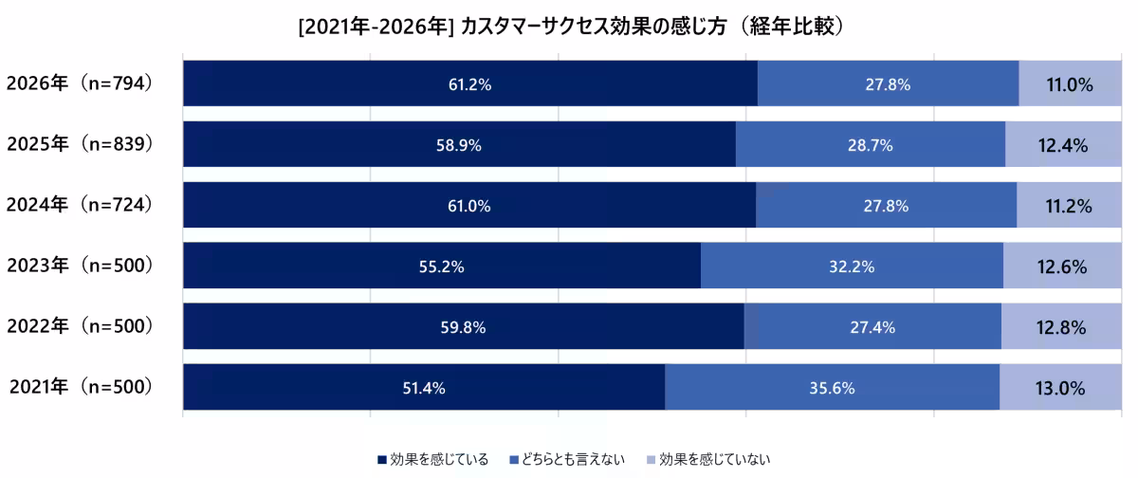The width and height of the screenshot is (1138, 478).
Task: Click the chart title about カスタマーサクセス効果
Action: coord(570,28)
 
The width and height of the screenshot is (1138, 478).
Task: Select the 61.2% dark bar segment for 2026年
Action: coord(469,84)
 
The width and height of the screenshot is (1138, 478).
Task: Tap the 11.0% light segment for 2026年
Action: coord(1070,84)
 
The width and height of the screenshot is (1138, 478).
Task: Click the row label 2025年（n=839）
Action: coord(80,145)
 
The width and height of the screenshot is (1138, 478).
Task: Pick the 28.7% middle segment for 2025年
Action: coord(870,145)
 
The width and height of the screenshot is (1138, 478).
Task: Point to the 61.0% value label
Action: coord(469,206)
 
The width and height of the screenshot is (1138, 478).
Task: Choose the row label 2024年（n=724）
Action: coord(80,205)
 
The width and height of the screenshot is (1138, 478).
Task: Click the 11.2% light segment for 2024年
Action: coord(1070,206)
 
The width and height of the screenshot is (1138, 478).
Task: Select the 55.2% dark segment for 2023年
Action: coord(441,267)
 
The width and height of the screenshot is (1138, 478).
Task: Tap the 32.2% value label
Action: coord(850,267)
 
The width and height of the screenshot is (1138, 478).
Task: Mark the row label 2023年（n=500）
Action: coord(80,266)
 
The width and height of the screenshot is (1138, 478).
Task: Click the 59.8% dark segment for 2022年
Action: coord(463,327)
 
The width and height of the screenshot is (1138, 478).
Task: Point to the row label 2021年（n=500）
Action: coord(80,387)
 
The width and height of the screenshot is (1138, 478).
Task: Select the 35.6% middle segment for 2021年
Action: coord(832,388)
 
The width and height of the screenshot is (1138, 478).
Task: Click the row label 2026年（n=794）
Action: coord(80,84)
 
